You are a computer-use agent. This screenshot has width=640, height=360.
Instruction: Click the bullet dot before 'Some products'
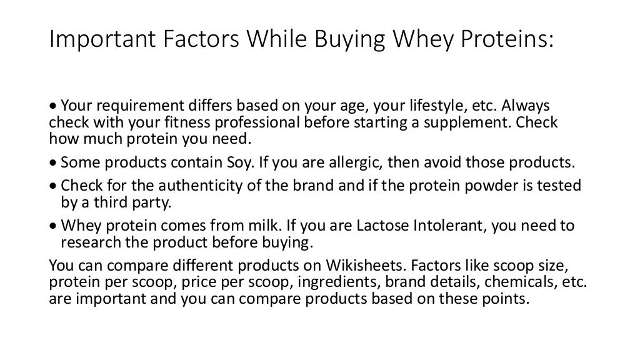54,164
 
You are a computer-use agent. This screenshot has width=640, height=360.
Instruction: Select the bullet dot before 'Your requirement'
54,107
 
